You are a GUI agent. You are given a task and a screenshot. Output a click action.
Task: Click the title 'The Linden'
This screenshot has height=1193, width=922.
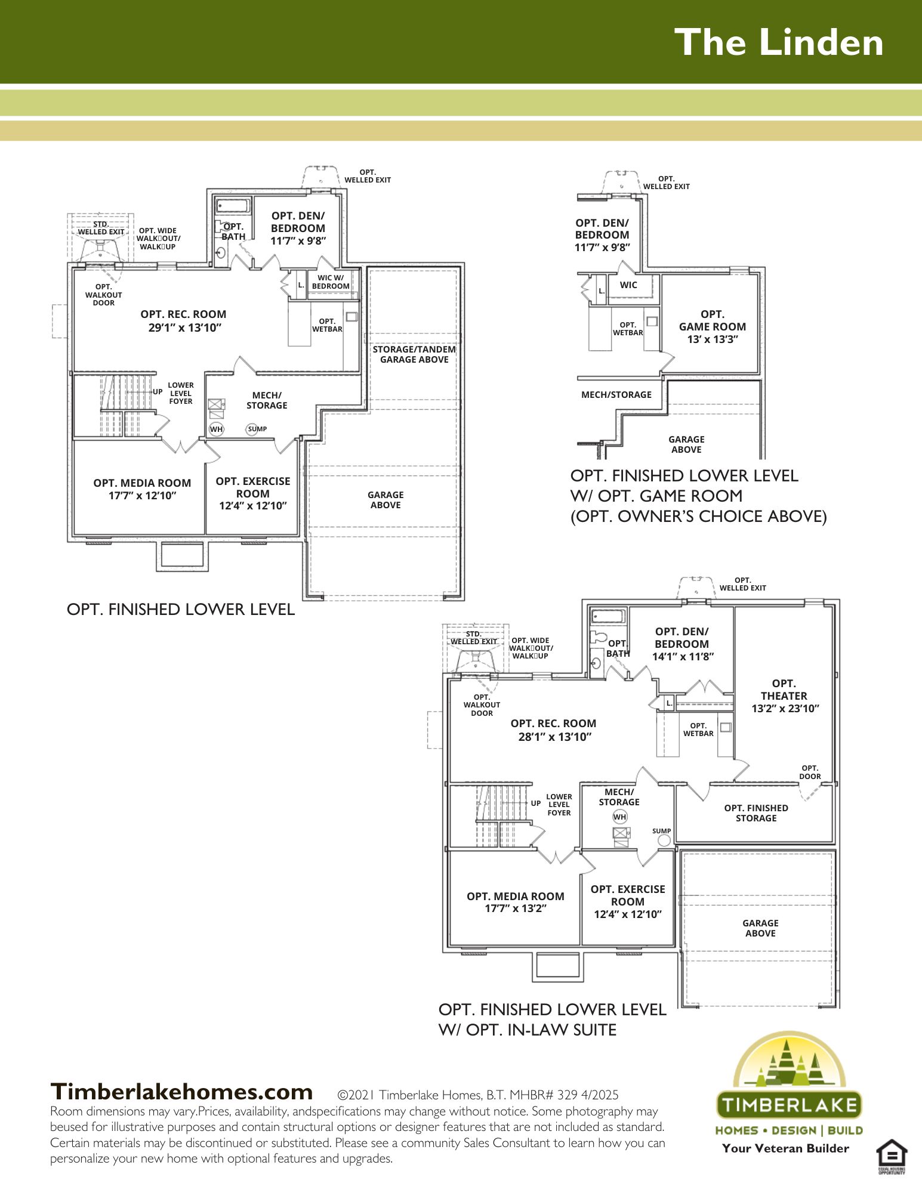[x=779, y=43]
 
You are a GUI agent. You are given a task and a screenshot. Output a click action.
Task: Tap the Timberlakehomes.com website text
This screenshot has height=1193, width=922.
[x=181, y=1092]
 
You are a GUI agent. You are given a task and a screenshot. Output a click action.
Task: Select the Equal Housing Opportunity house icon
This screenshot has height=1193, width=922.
[x=892, y=1157]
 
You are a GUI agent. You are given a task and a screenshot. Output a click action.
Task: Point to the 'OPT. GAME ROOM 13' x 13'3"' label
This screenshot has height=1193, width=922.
[x=713, y=327]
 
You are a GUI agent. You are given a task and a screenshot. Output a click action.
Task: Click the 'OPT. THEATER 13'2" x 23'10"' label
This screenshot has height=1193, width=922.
[x=785, y=696]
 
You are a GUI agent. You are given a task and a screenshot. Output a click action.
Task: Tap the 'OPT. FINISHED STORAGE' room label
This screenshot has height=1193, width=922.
[x=756, y=813]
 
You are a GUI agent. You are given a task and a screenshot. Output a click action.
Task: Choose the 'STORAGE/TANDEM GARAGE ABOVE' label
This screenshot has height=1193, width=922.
[x=414, y=354]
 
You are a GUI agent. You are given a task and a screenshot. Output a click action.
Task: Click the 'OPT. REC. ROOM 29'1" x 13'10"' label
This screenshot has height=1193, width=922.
[x=184, y=321]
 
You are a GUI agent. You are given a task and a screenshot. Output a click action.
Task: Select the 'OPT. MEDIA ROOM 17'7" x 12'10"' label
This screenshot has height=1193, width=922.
[x=142, y=489]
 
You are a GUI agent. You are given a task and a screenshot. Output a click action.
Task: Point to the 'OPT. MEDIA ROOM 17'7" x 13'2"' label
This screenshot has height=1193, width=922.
[x=516, y=903]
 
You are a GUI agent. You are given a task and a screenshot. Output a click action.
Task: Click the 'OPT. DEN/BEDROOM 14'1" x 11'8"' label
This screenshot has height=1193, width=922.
[x=682, y=644]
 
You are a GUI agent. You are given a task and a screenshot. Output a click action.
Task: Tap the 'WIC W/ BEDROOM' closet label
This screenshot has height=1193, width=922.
[x=331, y=282]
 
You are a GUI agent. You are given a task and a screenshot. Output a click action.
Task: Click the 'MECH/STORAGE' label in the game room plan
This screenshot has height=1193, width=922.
[x=616, y=395]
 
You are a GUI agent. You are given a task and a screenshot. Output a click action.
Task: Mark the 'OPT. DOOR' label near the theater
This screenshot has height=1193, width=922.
[x=810, y=772]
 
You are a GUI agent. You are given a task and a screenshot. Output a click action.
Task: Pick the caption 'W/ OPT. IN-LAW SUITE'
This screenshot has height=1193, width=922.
[x=528, y=1030]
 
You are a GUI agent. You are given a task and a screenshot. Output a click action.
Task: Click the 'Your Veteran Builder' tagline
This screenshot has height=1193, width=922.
[x=785, y=1148]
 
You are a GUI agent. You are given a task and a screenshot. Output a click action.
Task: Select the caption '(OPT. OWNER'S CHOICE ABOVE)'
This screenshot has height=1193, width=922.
[x=699, y=517]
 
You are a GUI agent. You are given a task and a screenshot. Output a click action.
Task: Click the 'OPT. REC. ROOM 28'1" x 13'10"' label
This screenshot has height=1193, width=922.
[x=554, y=730]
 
